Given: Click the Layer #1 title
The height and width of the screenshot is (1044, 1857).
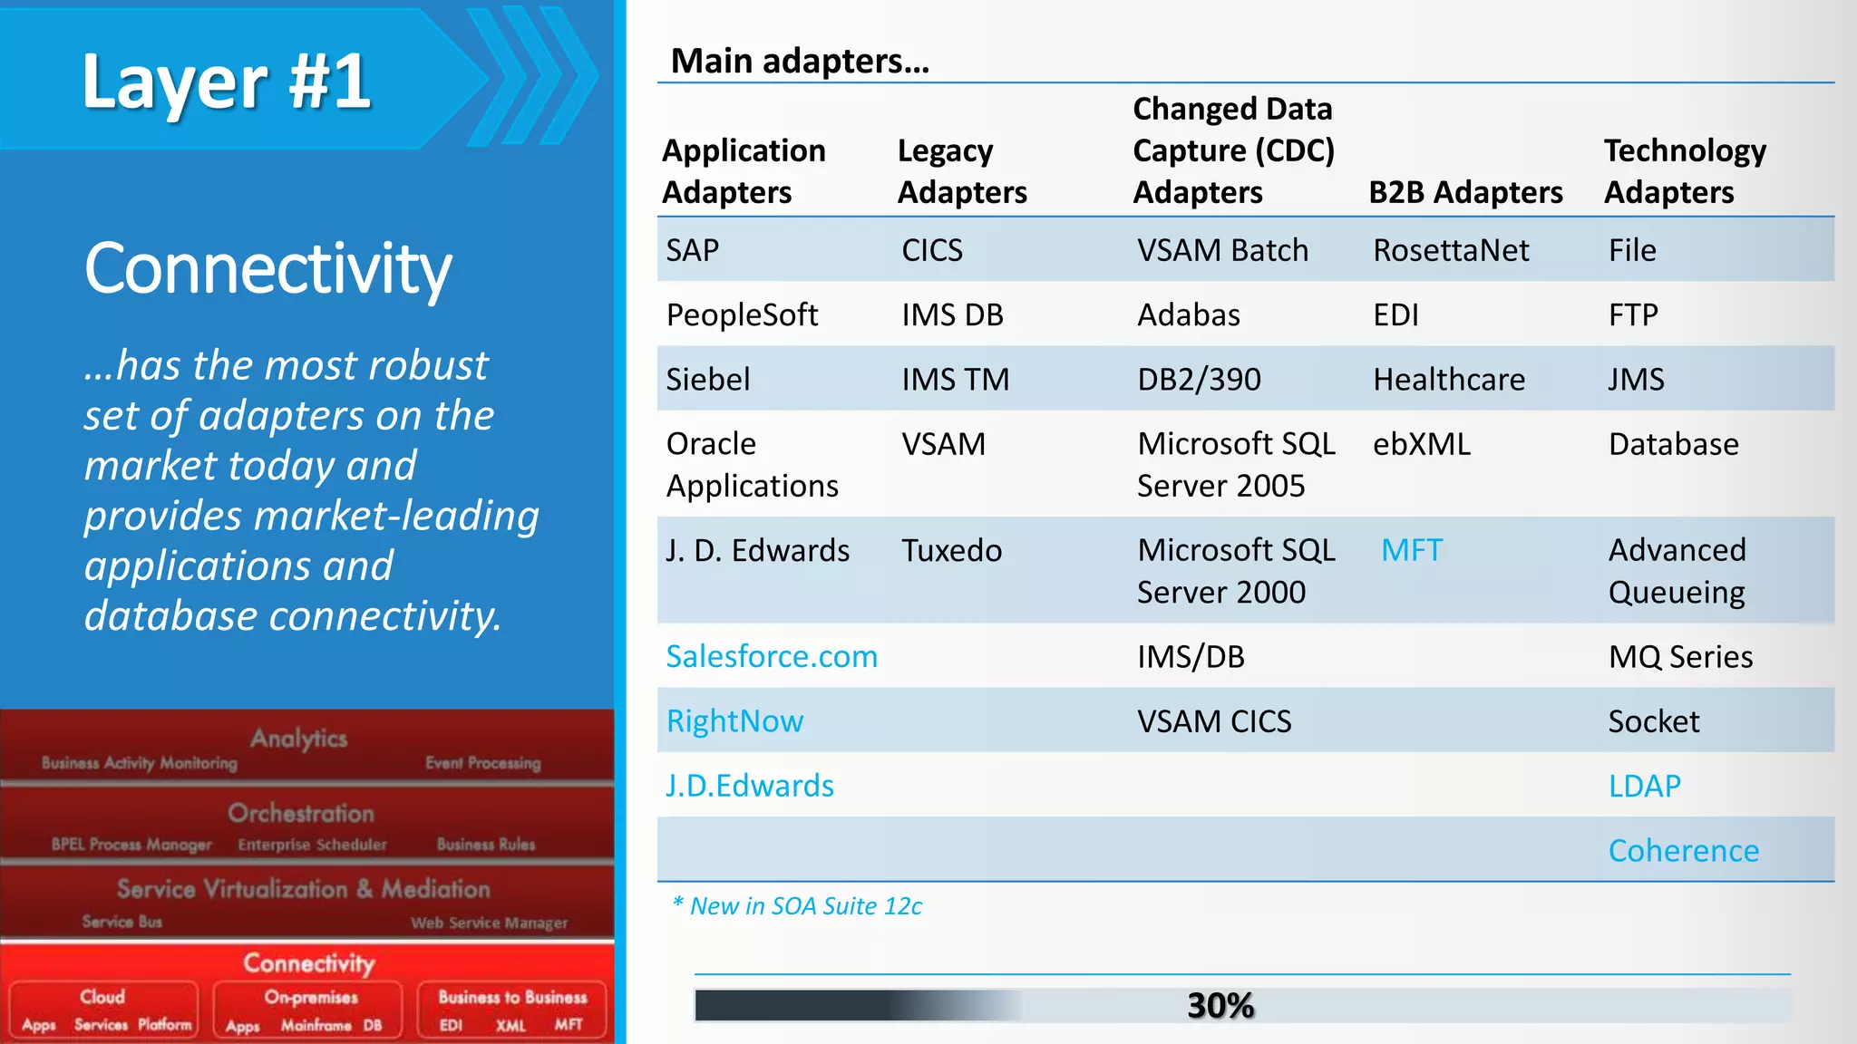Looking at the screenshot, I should pos(227,82).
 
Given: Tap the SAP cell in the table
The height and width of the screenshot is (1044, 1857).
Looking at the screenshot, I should pos(692,250).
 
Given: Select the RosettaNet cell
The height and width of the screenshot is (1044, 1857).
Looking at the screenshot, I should pos(1451,250).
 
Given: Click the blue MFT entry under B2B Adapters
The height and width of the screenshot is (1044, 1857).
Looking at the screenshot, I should pos(1411,550).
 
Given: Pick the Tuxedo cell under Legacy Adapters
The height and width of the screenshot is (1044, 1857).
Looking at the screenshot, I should pos(951,550).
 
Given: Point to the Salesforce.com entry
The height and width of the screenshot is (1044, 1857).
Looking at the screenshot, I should pos(772,656).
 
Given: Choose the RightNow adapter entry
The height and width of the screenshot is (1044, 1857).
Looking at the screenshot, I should pos(734,721).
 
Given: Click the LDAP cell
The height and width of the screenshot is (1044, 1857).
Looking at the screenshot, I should pos(1644,786).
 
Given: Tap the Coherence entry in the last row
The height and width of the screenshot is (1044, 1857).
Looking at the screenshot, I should pos(1683,850).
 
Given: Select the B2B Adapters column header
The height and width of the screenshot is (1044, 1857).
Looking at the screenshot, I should pos(1465,192).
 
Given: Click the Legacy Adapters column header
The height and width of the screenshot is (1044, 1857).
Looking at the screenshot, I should pos(962,171).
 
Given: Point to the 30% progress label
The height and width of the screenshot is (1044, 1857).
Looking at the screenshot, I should pos(1220,1005).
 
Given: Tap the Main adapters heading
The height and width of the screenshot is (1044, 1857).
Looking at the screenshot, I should pos(800,61).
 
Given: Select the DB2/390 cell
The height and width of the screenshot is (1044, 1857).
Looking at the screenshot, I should pos(1199,379).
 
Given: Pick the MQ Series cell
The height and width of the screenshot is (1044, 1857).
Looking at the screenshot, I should pos(1680,656).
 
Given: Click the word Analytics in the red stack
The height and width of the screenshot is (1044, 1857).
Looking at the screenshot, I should pos(299,739).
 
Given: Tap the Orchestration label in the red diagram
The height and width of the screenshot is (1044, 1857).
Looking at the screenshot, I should pos(301,813).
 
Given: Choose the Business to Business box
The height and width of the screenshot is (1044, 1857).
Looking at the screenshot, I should pos(512,1009).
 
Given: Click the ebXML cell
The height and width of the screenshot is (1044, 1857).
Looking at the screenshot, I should pos(1421,444).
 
